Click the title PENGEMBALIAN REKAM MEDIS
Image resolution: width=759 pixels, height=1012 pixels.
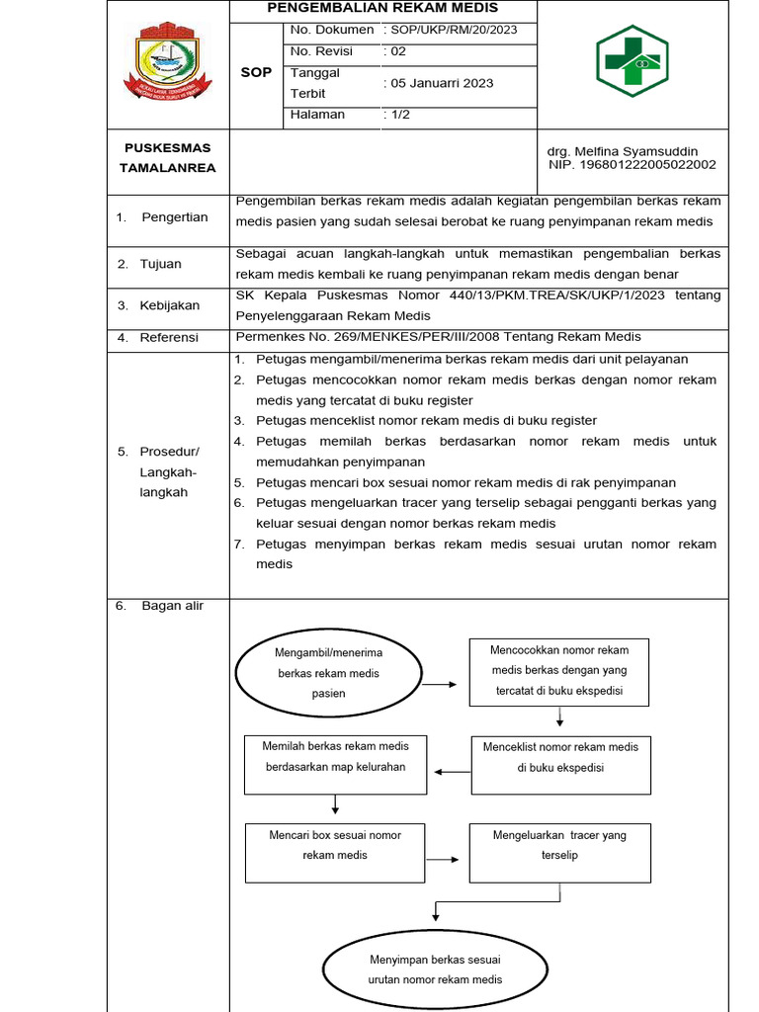[x=382, y=8]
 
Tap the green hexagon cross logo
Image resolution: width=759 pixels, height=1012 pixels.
[x=632, y=61]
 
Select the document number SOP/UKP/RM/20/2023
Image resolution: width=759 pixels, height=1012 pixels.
[x=455, y=30]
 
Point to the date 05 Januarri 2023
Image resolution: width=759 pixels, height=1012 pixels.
[x=441, y=83]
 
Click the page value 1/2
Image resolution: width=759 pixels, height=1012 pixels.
[x=401, y=115]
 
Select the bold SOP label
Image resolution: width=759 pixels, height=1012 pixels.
[x=256, y=73]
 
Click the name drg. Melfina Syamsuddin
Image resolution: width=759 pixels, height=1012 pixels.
[x=622, y=151]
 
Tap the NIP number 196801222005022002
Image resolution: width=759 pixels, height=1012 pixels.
[x=632, y=165]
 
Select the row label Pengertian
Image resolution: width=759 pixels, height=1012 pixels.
[x=174, y=217]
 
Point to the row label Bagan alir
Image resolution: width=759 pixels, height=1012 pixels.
[x=172, y=606]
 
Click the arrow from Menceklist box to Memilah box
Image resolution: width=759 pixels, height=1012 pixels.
[x=454, y=773]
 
